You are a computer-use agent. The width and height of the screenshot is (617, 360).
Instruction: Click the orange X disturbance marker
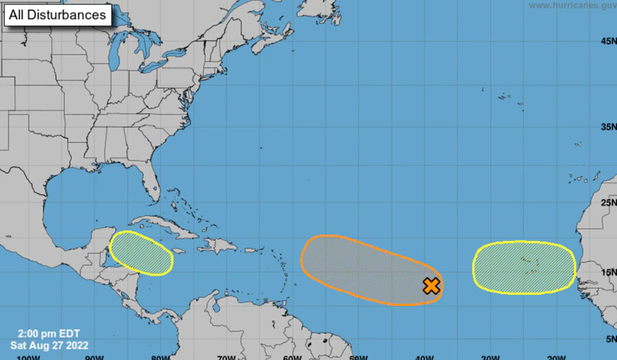coord(432,286)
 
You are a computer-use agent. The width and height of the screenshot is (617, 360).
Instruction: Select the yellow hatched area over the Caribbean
coord(140,253)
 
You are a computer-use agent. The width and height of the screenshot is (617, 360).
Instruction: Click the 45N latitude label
coord(608,41)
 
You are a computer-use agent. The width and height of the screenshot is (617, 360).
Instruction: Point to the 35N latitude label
coord(608,126)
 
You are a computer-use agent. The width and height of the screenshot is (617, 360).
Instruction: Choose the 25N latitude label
coord(608,202)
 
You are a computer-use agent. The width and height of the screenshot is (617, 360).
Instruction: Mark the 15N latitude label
coord(608,272)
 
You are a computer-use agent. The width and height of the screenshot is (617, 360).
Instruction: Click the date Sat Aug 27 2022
coord(49,345)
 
